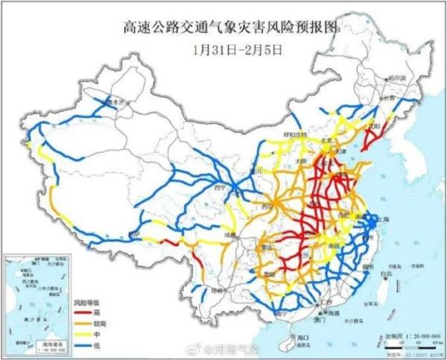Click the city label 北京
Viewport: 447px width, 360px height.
pos(304,139)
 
